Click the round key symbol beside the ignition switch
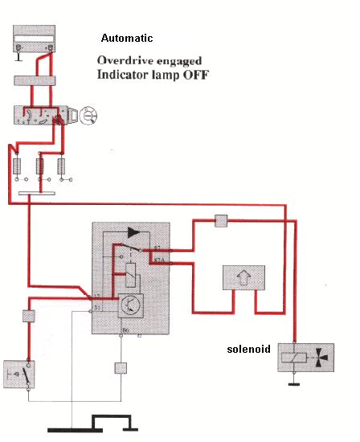pos(89,117)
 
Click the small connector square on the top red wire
pos(223,219)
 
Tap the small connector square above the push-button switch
pos(28,316)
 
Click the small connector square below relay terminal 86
pos(121,369)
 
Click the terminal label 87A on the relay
pos(158,260)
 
